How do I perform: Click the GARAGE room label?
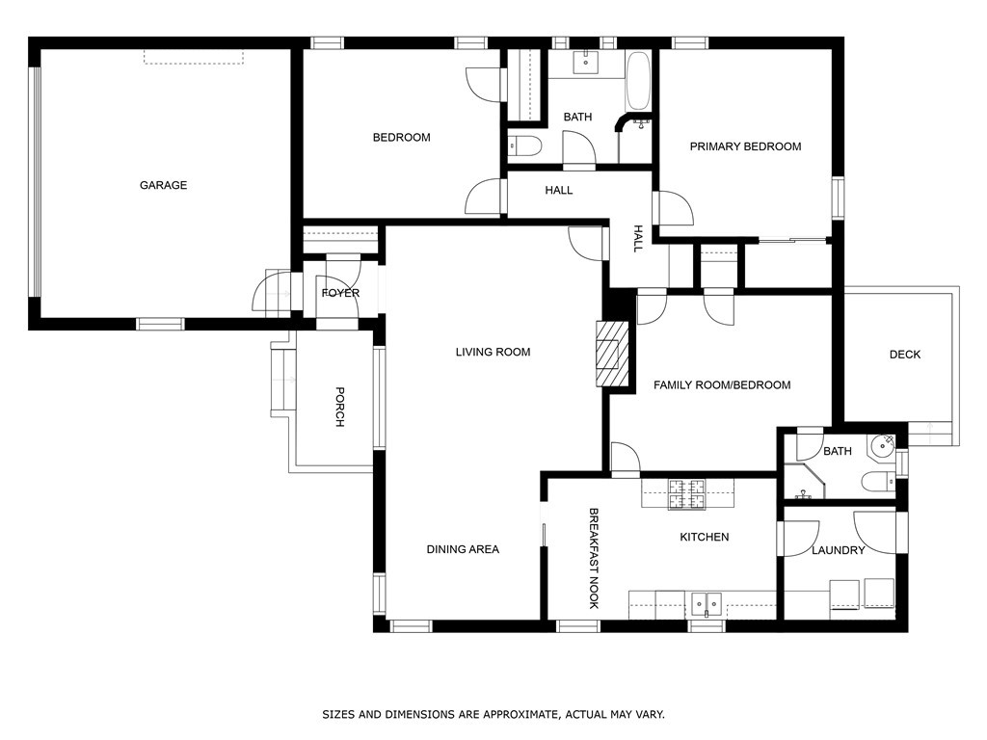(163, 185)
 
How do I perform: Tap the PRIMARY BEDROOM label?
(745, 146)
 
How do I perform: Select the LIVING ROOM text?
(493, 352)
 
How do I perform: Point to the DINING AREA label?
(463, 549)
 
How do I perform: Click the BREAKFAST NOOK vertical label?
(593, 559)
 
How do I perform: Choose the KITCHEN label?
(705, 537)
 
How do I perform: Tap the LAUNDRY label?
(838, 550)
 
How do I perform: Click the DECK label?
(905, 355)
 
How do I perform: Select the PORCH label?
(339, 408)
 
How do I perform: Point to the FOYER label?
(340, 293)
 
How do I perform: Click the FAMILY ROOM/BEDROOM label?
(722, 385)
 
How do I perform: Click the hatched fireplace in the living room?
(612, 354)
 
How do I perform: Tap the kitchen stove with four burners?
(686, 494)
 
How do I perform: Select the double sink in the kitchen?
(707, 605)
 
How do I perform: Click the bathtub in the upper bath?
(638, 82)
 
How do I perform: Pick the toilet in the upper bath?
(525, 146)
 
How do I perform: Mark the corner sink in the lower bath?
(883, 446)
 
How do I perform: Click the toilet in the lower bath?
(879, 483)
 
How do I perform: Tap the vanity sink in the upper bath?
(586, 63)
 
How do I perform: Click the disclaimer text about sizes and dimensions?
(493, 714)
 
